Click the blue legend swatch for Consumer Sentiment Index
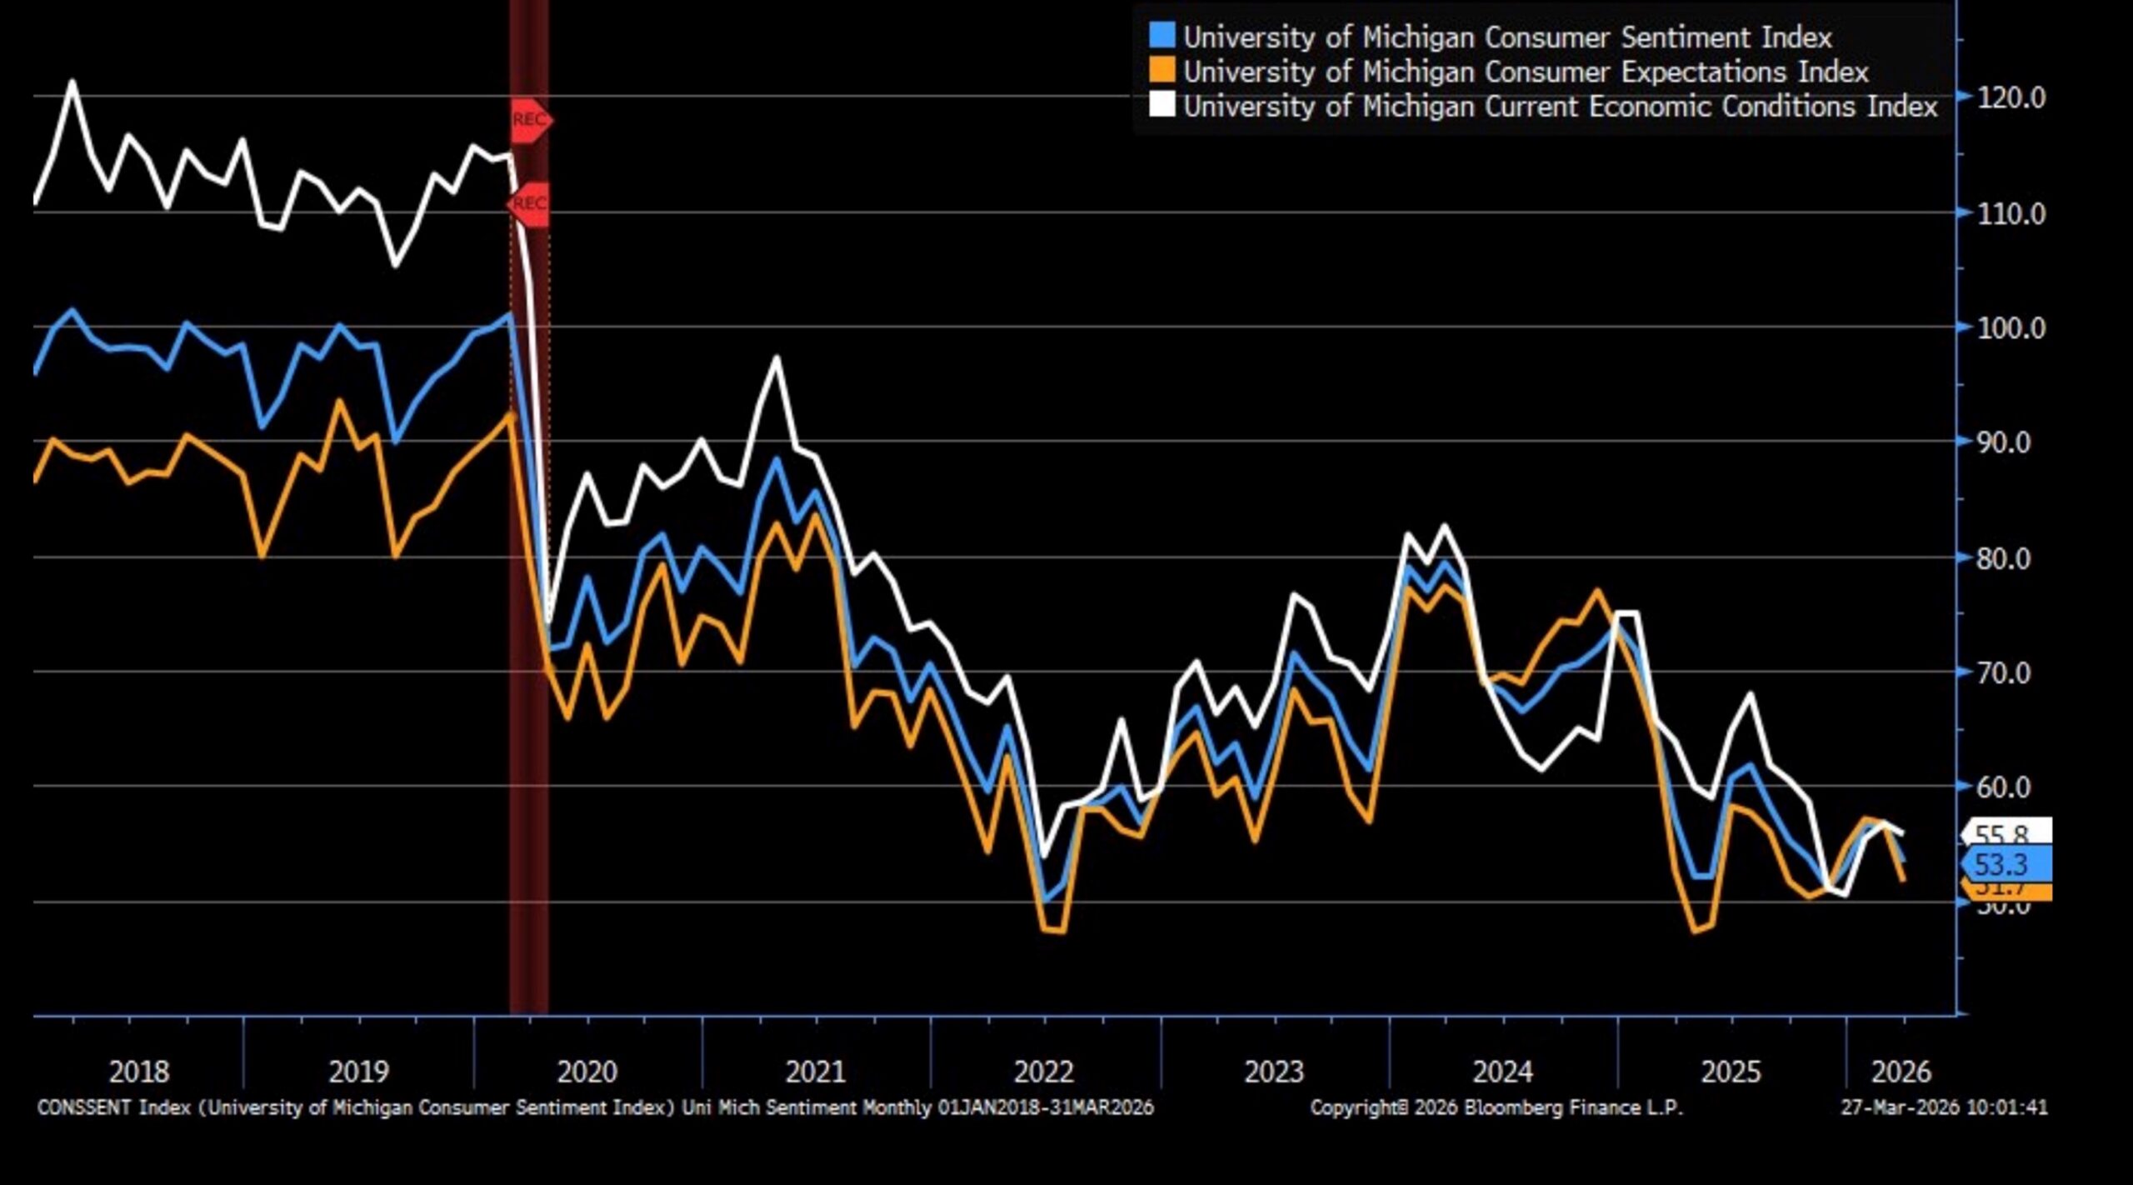point(1161,36)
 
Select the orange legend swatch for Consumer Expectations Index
point(1161,71)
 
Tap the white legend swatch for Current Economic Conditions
point(1161,106)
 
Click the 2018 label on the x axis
point(138,1072)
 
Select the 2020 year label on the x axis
point(587,1072)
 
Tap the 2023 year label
point(1273,1072)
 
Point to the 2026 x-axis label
point(1901,1072)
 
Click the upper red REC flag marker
point(531,120)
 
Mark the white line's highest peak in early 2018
point(72,82)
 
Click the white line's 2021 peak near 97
point(777,358)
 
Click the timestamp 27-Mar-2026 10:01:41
point(1943,1107)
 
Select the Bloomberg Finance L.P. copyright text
point(1496,1107)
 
